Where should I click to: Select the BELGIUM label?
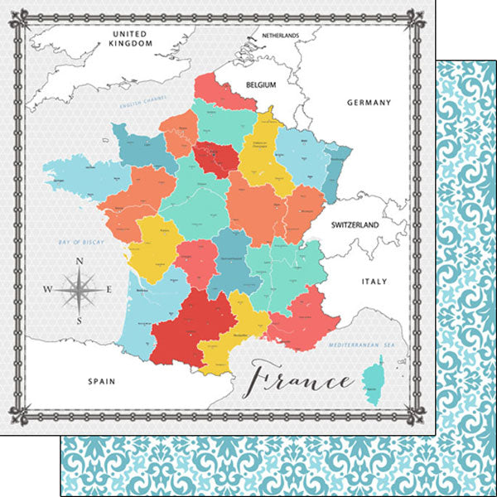(258, 84)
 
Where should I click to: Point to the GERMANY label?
(369, 103)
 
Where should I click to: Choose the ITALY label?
(374, 282)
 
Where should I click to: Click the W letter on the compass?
(47, 290)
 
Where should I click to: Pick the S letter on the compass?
(80, 320)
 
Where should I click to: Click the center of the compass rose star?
(80, 290)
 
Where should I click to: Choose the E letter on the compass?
(111, 290)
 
